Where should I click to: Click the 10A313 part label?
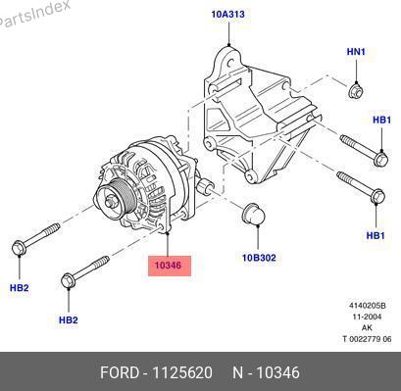click(x=227, y=14)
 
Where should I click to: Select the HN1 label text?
click(x=356, y=52)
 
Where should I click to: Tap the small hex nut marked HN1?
click(x=355, y=90)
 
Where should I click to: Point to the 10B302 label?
click(x=259, y=258)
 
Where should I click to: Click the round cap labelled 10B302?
click(x=254, y=214)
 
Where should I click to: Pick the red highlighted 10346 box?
click(x=170, y=266)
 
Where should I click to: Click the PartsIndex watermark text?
click(x=33, y=14)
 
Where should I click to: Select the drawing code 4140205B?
click(x=368, y=306)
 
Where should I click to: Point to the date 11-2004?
click(x=367, y=317)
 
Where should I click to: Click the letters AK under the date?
click(x=367, y=327)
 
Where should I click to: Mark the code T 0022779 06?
click(x=367, y=339)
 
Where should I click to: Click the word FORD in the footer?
click(x=120, y=372)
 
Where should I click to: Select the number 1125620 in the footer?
click(x=182, y=372)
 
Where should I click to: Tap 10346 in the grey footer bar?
click(x=277, y=372)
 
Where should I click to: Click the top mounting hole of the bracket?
click(x=229, y=63)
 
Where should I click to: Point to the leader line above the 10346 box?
click(x=168, y=244)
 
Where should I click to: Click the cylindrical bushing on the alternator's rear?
click(x=206, y=186)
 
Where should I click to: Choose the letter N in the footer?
click(x=237, y=372)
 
